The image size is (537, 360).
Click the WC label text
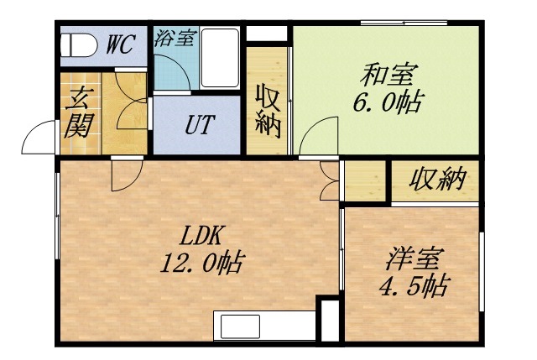(119, 45)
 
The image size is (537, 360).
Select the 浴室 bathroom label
(175, 38)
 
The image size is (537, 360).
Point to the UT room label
(199, 127)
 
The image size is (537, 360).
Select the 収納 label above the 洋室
(438, 180)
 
